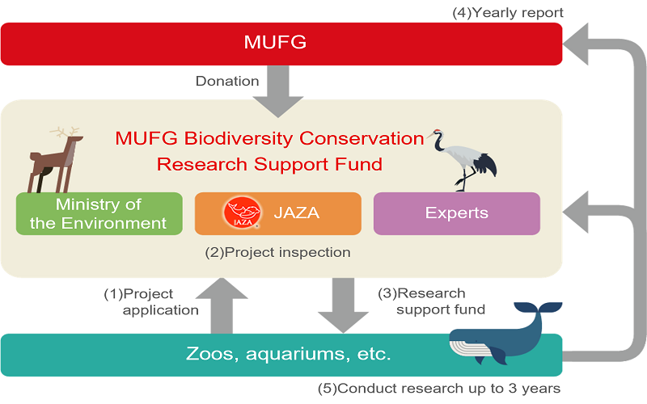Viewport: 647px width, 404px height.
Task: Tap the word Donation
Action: tap(227, 81)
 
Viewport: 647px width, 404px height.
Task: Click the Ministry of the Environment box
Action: tap(99, 213)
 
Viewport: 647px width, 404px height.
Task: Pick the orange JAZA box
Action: tap(277, 213)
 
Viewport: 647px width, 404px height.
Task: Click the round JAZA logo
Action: tap(239, 213)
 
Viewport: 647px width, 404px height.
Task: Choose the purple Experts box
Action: tap(456, 213)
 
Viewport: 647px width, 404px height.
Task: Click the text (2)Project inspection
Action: tap(278, 252)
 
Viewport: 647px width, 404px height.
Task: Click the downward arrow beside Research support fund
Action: tap(342, 305)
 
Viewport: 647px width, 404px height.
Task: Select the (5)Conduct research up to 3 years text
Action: tap(439, 388)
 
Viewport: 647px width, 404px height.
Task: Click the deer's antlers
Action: tap(64, 132)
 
